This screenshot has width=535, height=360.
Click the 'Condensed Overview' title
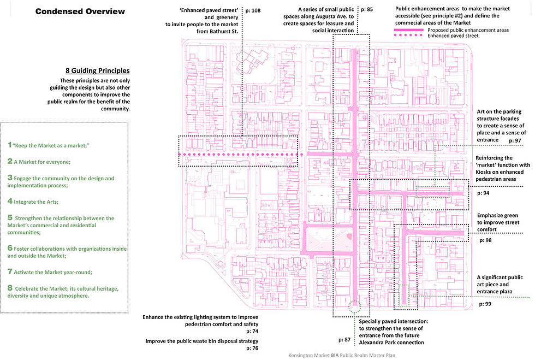80,11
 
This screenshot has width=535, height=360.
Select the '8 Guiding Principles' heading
97,71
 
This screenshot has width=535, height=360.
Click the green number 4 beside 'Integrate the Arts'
10,201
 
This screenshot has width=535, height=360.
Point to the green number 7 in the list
10,271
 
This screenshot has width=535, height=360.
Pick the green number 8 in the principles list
10,288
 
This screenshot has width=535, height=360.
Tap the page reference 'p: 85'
366,10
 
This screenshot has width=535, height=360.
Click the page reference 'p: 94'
484,193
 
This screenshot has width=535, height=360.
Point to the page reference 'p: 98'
485,240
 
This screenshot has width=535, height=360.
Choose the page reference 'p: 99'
485,304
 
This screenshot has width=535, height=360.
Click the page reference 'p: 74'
251,332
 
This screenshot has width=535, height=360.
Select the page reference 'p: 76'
251,348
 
